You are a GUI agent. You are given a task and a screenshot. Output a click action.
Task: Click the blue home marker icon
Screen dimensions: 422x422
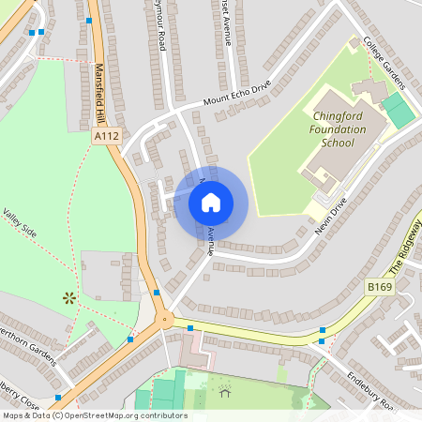pos(211,202)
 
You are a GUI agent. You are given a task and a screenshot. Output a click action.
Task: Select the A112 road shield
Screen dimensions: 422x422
pos(107,136)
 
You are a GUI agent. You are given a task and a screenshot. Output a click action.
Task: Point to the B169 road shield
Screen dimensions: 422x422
pos(380,286)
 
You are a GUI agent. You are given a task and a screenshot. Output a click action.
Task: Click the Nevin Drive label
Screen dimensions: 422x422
pos(331,215)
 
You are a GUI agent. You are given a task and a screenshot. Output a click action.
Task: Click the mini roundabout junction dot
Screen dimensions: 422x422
pos(166,319)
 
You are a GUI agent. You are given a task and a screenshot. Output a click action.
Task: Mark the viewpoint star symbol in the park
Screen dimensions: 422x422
pos(68,299)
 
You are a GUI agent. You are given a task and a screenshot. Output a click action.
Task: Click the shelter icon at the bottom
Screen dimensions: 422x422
pos(223,393)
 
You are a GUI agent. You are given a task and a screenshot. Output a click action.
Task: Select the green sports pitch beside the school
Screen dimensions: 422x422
pos(399,111)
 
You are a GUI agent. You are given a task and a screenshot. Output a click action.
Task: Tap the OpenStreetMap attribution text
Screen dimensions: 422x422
pos(94,415)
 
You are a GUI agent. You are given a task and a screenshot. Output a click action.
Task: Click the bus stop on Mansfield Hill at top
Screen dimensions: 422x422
pos(89,20)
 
